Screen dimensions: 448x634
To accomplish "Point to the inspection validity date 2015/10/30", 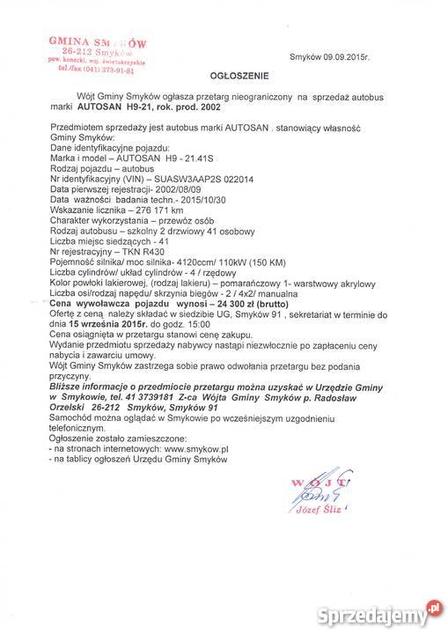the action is [x=209, y=223].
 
